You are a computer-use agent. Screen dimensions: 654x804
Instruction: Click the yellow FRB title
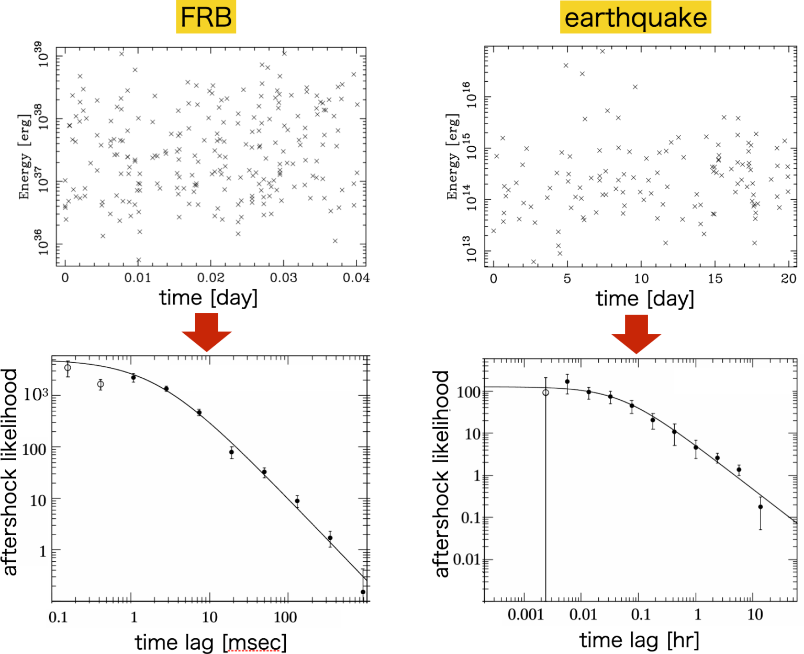[x=206, y=17]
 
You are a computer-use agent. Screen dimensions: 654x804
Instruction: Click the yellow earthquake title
[x=635, y=17]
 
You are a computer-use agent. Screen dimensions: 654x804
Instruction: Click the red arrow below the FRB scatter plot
[x=207, y=332]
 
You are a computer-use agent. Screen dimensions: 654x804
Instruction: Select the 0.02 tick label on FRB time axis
[x=210, y=278]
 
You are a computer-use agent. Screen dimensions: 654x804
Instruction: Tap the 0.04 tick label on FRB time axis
[x=356, y=278]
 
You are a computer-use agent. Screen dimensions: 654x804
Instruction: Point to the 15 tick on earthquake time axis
[x=715, y=279]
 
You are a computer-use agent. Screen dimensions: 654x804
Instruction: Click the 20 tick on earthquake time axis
[x=788, y=279]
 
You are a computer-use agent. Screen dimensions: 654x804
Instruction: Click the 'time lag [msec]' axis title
[x=211, y=642]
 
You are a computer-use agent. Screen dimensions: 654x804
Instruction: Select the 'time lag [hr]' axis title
[x=639, y=640]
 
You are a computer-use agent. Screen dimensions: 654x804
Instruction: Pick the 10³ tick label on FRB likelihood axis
[x=36, y=395]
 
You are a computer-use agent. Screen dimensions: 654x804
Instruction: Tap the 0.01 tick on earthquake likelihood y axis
[x=466, y=560]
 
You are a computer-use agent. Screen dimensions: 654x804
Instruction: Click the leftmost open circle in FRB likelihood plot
[x=68, y=368]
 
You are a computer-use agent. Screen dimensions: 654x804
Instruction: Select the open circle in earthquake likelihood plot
[x=545, y=393]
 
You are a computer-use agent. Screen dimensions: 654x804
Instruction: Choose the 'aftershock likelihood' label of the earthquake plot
[x=442, y=474]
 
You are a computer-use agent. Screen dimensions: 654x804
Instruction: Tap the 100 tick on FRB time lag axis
[x=285, y=617]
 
